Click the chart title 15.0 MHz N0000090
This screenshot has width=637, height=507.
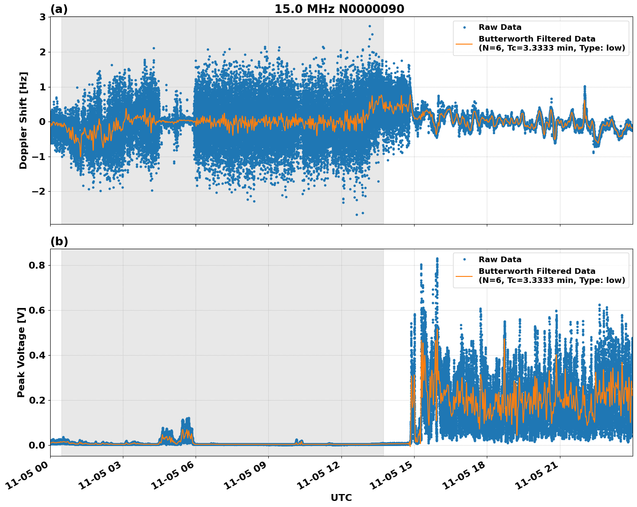point(339,9)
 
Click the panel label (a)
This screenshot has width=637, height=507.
point(59,9)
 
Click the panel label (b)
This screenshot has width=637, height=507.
point(59,241)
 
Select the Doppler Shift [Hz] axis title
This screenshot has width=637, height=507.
point(23,120)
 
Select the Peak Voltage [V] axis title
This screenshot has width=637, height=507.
point(21,352)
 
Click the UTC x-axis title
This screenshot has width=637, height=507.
point(341,497)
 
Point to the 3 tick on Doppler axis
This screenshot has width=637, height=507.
point(42,17)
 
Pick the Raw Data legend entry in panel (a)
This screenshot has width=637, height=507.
point(500,27)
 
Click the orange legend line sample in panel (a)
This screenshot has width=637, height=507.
point(464,43)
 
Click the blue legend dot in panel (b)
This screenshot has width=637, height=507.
point(464,260)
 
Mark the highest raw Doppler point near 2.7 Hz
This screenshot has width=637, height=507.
point(370,26)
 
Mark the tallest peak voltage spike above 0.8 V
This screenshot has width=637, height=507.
point(437,259)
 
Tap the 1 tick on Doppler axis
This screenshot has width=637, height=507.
point(42,87)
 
